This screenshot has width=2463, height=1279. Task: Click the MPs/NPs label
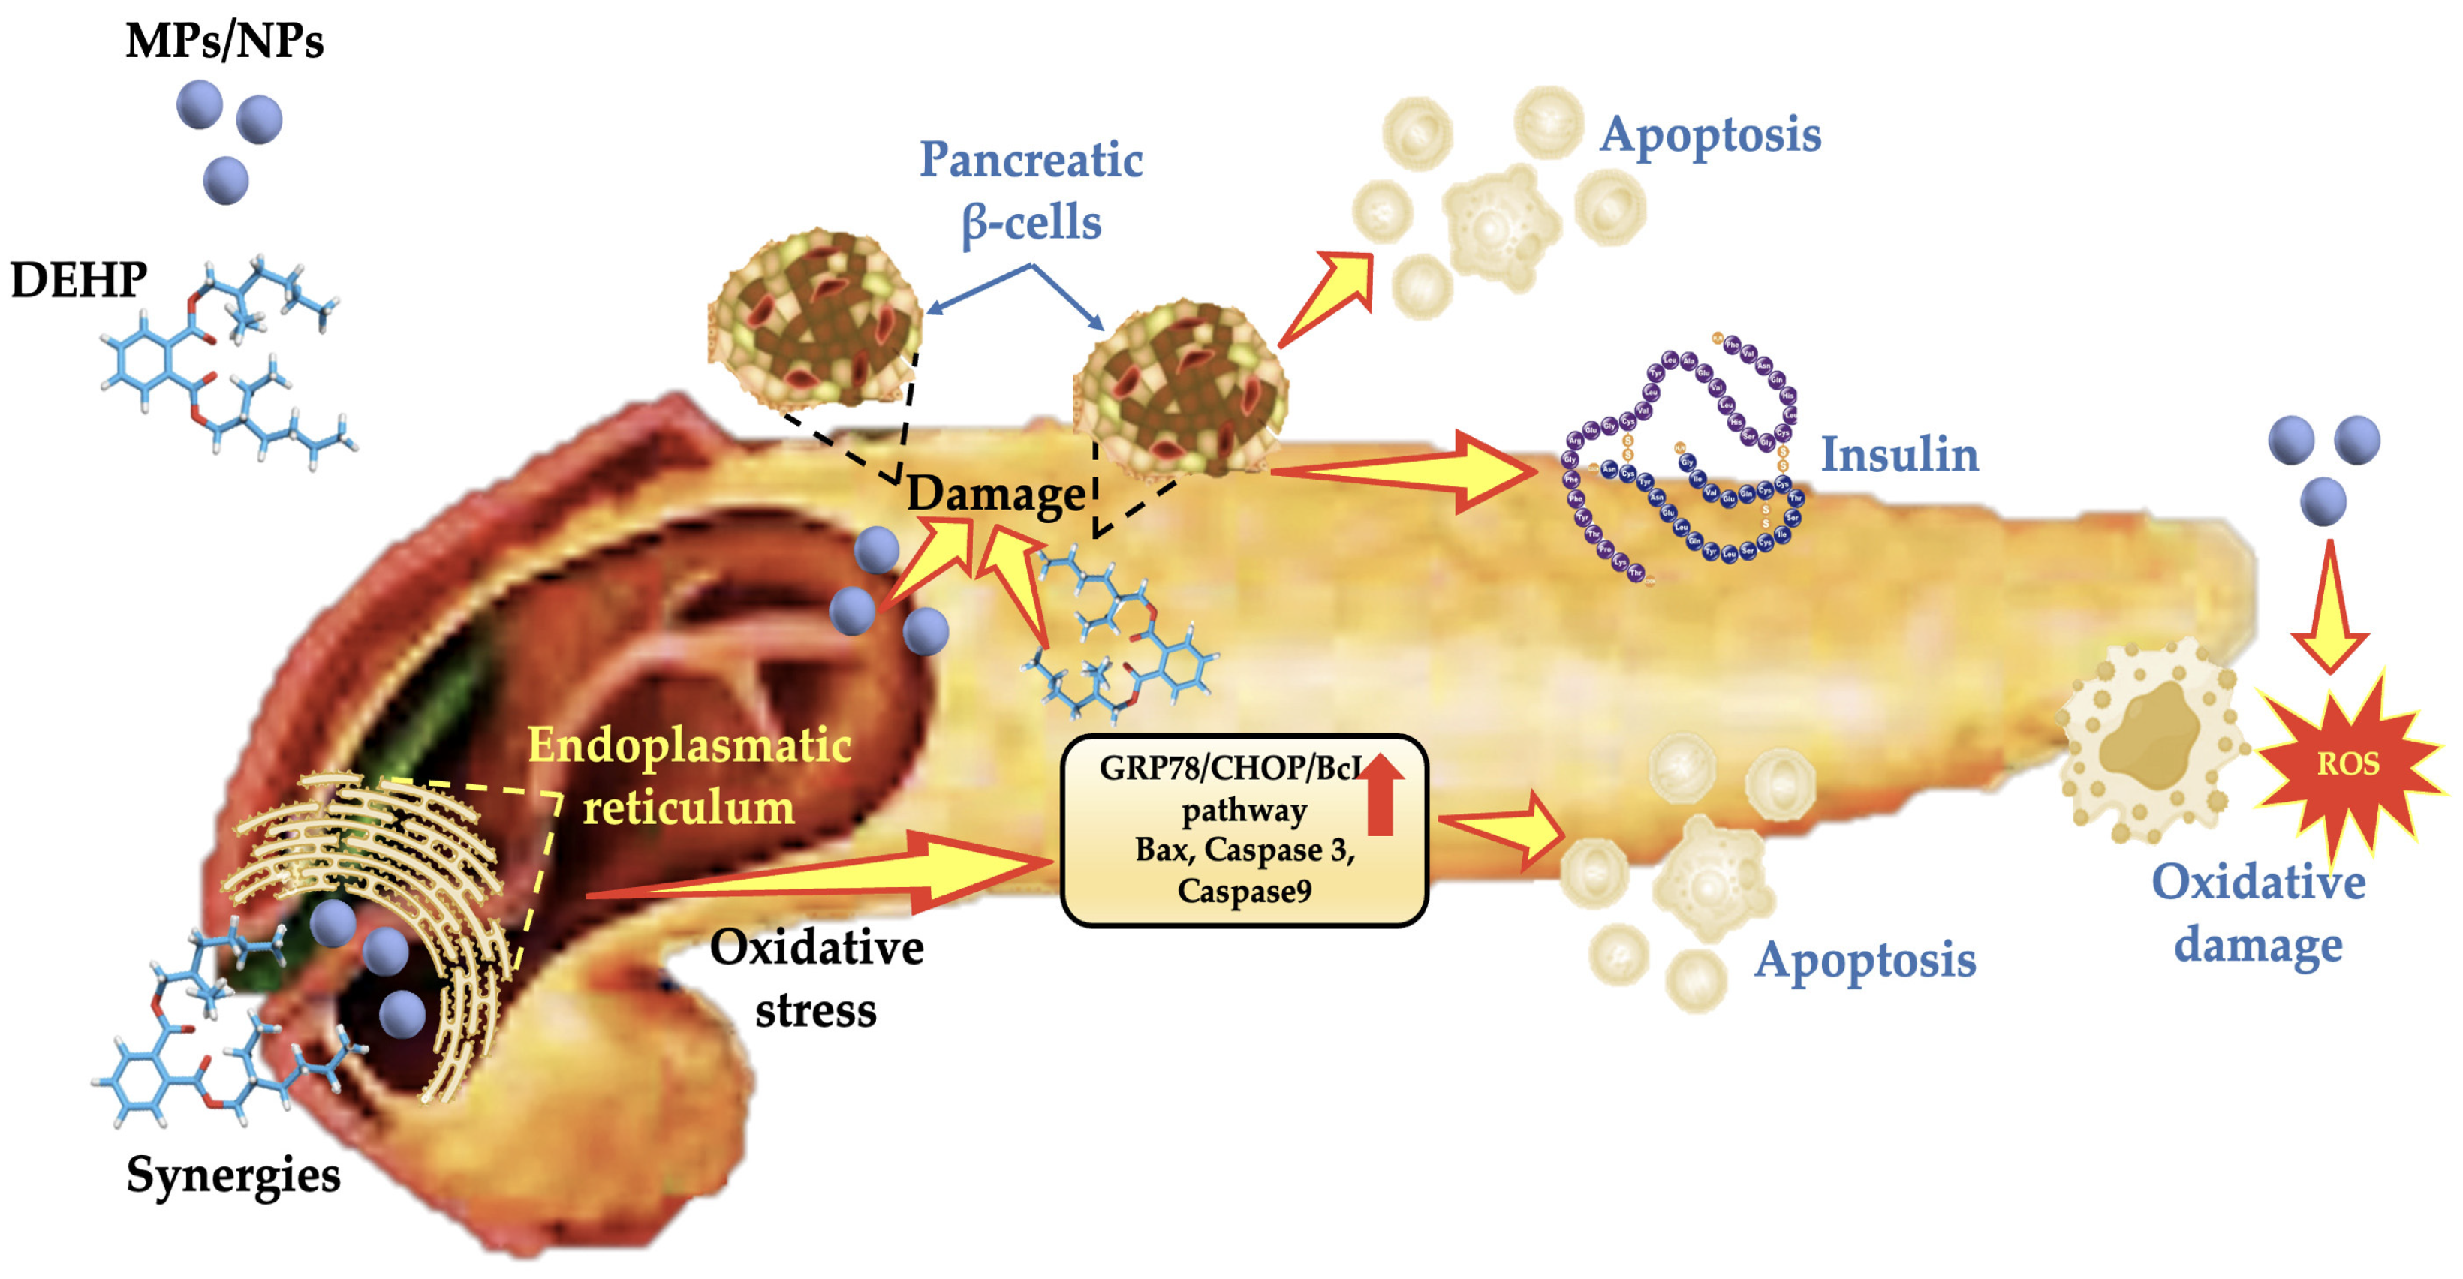[x=224, y=42]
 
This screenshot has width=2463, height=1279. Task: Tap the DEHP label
[x=78, y=281]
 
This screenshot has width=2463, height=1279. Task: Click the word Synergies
[x=233, y=1174]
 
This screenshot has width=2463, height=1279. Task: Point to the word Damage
[x=995, y=494]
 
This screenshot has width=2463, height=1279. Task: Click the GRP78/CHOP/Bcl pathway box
[x=1243, y=829]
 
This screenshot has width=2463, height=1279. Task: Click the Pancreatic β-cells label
[x=1031, y=190]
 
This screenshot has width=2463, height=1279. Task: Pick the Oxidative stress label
[x=815, y=979]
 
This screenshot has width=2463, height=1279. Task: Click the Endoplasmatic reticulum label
[x=688, y=775]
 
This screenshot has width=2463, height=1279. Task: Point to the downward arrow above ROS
[x=2329, y=612]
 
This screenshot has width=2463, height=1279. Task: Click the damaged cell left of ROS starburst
[x=2151, y=741]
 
